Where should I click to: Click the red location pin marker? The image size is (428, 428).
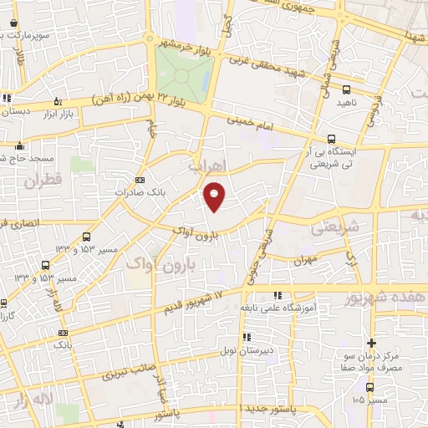[216, 196]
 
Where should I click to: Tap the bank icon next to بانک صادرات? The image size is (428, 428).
[140, 180]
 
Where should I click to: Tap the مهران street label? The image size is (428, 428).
[302, 261]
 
